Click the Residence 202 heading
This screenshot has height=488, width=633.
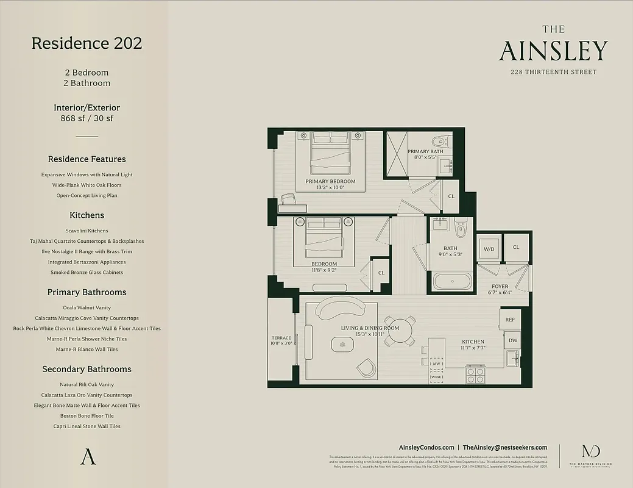(x=87, y=43)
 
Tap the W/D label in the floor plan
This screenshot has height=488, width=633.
(x=489, y=249)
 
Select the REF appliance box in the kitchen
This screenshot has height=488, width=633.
(x=510, y=320)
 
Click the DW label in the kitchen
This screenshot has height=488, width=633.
(x=513, y=340)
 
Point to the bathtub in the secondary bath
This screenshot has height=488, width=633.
(x=452, y=282)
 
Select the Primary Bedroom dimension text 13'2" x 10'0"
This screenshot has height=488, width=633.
(x=330, y=188)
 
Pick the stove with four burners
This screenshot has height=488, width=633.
(x=475, y=375)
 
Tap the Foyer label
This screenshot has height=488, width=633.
(x=500, y=286)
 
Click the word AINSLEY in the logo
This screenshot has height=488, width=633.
(x=553, y=52)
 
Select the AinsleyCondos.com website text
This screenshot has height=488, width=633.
(x=426, y=447)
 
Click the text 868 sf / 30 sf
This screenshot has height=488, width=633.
(x=87, y=118)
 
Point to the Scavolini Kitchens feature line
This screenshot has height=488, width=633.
(x=87, y=231)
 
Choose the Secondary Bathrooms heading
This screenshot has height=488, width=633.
(x=87, y=369)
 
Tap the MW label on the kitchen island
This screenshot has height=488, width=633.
(x=436, y=364)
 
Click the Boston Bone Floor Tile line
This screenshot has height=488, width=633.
(x=87, y=416)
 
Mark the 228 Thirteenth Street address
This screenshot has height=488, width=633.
(x=553, y=72)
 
